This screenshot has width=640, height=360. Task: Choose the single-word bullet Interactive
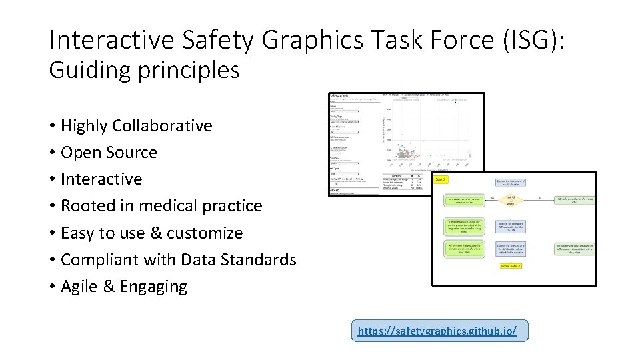[101, 179]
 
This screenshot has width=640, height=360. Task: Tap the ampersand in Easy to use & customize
[155, 233]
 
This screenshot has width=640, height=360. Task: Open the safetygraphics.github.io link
[437, 331]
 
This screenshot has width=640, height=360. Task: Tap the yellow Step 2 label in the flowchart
[441, 179]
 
